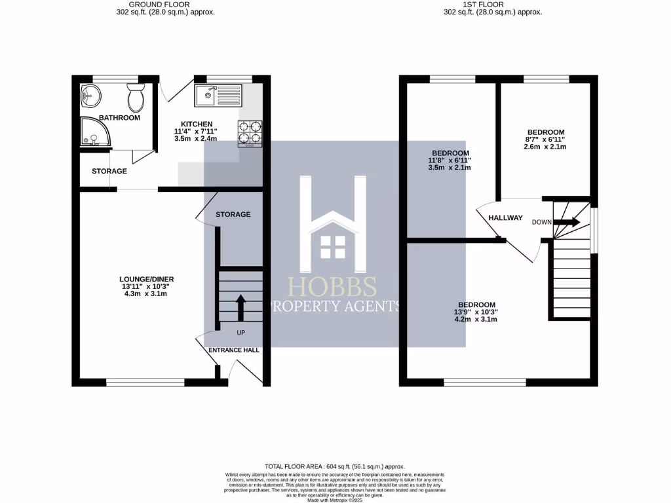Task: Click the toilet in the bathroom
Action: [136, 98]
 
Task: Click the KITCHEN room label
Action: [197, 124]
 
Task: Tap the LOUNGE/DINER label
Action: [142, 279]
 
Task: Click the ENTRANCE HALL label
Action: [234, 350]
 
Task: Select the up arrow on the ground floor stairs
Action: [240, 306]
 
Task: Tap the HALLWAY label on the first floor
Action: [506, 218]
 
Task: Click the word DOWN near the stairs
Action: [541, 222]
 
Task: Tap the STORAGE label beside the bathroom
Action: [109, 171]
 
